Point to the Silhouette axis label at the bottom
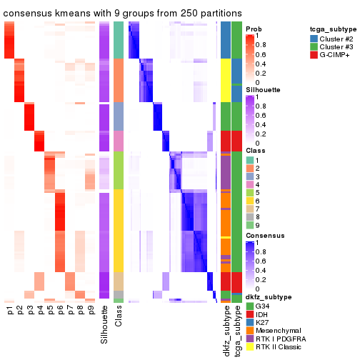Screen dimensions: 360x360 (105, 325)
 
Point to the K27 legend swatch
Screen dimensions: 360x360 (249, 323)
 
